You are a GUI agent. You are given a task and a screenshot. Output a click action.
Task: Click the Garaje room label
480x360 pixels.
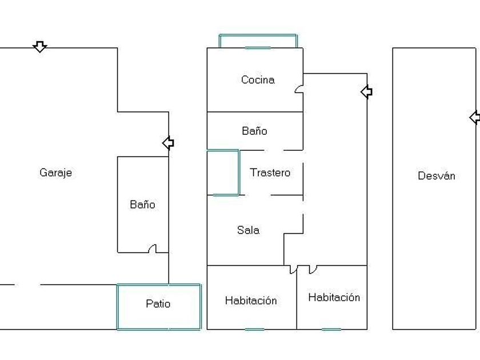pyautogui.click(x=56, y=173)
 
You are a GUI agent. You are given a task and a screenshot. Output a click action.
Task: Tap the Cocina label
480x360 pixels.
pyautogui.click(x=258, y=80)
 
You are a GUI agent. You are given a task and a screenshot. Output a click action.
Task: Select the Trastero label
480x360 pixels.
pyautogui.click(x=270, y=173)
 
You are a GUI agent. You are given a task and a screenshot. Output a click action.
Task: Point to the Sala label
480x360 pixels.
pyautogui.click(x=249, y=230)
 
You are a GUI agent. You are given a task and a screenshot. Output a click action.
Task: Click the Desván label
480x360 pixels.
pyautogui.click(x=437, y=176)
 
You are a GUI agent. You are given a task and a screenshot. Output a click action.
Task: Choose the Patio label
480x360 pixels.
pyautogui.click(x=158, y=304)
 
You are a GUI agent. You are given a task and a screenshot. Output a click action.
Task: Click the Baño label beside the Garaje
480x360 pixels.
pyautogui.click(x=142, y=205)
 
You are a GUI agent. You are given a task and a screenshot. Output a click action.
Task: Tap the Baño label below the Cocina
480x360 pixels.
pyautogui.click(x=254, y=131)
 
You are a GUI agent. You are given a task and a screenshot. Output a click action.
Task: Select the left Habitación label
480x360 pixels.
pyautogui.click(x=251, y=301)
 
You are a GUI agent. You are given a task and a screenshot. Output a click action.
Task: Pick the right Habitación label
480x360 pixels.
pyautogui.click(x=334, y=297)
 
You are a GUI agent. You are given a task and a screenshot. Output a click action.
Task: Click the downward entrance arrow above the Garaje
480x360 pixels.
pyautogui.click(x=39, y=46)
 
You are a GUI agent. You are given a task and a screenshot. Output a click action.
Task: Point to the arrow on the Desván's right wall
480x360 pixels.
pyautogui.click(x=475, y=118)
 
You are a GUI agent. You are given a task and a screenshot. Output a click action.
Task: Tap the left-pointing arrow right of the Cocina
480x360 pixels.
pyautogui.click(x=366, y=91)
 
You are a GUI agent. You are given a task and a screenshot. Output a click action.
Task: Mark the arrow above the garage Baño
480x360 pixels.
pyautogui.click(x=168, y=143)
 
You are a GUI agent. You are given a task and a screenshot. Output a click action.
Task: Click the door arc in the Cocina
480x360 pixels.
pyautogui.click(x=299, y=89)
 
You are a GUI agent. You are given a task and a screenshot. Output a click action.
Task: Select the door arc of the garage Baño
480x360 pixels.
pyautogui.click(x=152, y=249)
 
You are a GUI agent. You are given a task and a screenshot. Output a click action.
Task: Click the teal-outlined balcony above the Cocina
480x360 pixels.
pyautogui.click(x=258, y=41)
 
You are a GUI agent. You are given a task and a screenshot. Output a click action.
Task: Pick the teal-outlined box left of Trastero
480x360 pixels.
pyautogui.click(x=223, y=173)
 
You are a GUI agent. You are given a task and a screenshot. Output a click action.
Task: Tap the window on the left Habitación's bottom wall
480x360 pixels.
pyautogui.click(x=255, y=329)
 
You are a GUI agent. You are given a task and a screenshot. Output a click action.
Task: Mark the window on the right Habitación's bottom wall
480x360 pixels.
pyautogui.click(x=331, y=329)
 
